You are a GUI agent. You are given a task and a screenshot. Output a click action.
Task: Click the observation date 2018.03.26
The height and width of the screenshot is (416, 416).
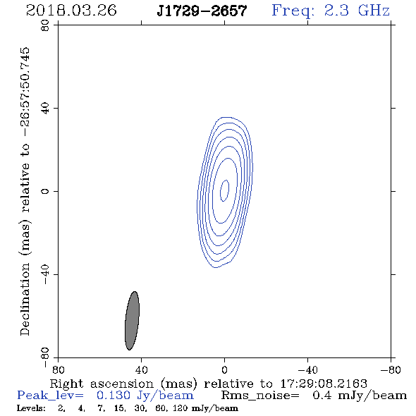pyautogui.click(x=71, y=11)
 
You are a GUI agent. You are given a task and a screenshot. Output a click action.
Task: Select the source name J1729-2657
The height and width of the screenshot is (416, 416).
pyautogui.click(x=202, y=11)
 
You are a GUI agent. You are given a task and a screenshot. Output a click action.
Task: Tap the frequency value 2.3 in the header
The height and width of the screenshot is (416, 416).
pyautogui.click(x=336, y=11)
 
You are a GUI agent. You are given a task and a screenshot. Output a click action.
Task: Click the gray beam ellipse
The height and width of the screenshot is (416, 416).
pyautogui.click(x=132, y=321)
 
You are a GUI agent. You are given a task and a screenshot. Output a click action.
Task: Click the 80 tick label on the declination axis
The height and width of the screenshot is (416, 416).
pyautogui.click(x=45, y=25)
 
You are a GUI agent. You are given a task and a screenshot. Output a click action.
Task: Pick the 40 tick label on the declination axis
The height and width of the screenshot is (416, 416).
pyautogui.click(x=45, y=109)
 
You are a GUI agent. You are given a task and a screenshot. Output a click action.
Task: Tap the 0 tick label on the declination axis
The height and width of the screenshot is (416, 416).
pyautogui.click(x=45, y=191)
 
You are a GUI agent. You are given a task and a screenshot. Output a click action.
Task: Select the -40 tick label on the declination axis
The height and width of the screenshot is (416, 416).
pyautogui.click(x=45, y=274)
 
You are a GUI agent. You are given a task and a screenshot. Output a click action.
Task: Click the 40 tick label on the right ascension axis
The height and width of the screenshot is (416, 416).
pyautogui.click(x=141, y=369)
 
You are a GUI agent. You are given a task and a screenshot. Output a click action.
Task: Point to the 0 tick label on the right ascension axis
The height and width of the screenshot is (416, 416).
pyautogui.click(x=224, y=369)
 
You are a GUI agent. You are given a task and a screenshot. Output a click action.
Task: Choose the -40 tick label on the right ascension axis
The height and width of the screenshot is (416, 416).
pyautogui.click(x=307, y=369)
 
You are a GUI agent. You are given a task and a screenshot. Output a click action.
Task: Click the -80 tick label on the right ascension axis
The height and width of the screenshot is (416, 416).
pyautogui.click(x=391, y=369)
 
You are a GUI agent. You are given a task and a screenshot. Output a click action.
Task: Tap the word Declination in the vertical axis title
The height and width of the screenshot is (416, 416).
pyautogui.click(x=25, y=299)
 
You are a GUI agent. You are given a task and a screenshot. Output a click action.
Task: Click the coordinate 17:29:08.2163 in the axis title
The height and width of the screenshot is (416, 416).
pyautogui.click(x=324, y=384)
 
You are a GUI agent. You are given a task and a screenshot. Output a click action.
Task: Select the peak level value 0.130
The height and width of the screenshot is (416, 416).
pyautogui.click(x=114, y=396)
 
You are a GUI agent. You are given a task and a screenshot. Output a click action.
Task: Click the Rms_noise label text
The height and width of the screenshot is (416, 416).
pyautogui.click(x=260, y=396)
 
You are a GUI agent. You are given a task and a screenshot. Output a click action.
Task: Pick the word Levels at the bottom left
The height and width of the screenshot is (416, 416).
pyautogui.click(x=31, y=408)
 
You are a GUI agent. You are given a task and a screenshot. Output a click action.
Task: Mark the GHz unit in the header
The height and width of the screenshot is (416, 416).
pyautogui.click(x=374, y=11)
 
